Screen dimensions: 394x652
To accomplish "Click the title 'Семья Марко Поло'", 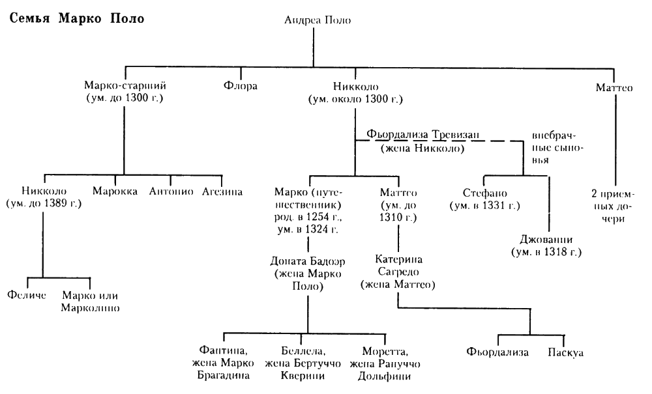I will click(x=75, y=18).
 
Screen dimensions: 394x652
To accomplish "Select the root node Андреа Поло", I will click(x=318, y=20).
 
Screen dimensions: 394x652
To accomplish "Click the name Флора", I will click(x=240, y=86).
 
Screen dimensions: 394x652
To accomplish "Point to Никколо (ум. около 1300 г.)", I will click(x=355, y=92).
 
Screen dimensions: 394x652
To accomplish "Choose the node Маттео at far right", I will click(x=614, y=86).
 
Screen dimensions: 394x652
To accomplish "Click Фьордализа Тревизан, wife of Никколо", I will click(x=422, y=141).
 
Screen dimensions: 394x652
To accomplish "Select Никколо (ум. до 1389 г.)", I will click(x=44, y=199).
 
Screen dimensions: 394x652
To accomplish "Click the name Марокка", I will click(x=115, y=193).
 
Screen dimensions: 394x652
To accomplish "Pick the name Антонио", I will click(x=171, y=193).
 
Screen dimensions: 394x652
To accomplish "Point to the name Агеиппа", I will click(x=222, y=193).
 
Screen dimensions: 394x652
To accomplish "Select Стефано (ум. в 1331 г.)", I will click(x=484, y=199).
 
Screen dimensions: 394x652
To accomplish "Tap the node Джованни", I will click(x=546, y=244).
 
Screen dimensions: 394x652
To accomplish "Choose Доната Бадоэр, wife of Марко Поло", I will click(x=308, y=274).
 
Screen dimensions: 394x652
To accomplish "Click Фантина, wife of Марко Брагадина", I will click(x=226, y=364).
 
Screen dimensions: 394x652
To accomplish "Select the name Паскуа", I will click(x=566, y=353).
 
